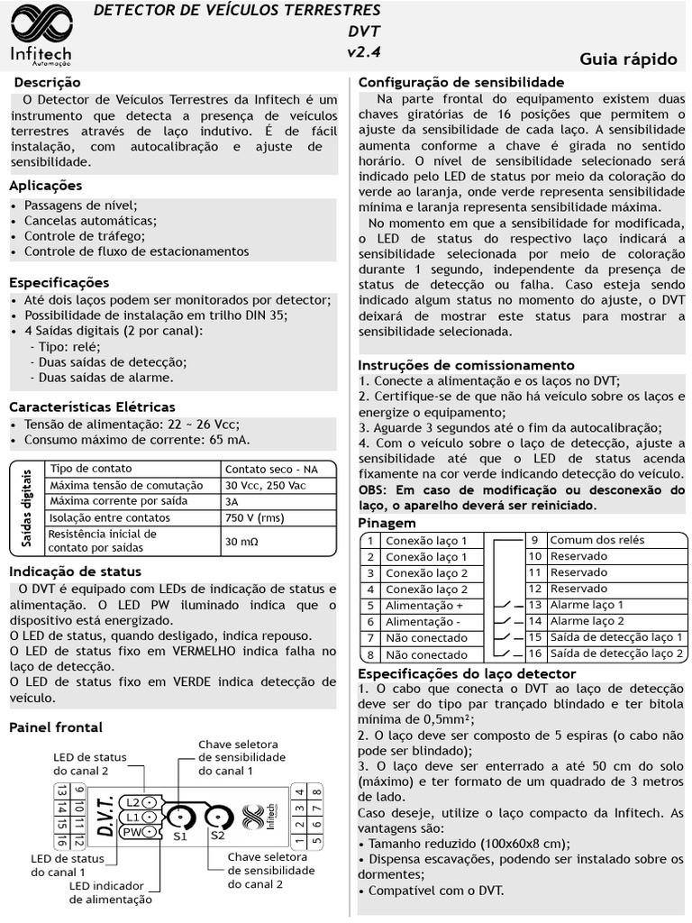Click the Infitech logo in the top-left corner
pyautogui.click(x=41, y=35)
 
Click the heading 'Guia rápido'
pyautogui.click(x=628, y=59)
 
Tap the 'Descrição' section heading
pyautogui.click(x=48, y=83)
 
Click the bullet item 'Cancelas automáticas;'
pyautogui.click(x=90, y=220)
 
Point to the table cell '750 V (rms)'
pyautogui.click(x=255, y=517)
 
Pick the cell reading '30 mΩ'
pyautogui.click(x=241, y=542)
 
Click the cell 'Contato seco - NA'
pyautogui.click(x=271, y=469)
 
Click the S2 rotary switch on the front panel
pyautogui.click(x=217, y=818)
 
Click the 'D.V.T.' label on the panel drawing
pyautogui.click(x=104, y=816)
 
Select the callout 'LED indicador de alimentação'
pyautogui.click(x=111, y=892)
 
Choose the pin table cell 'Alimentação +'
pyautogui.click(x=424, y=606)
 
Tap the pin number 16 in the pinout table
pyautogui.click(x=534, y=653)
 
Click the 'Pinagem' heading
pyautogui.click(x=387, y=523)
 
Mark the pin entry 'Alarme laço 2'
pyautogui.click(x=587, y=621)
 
